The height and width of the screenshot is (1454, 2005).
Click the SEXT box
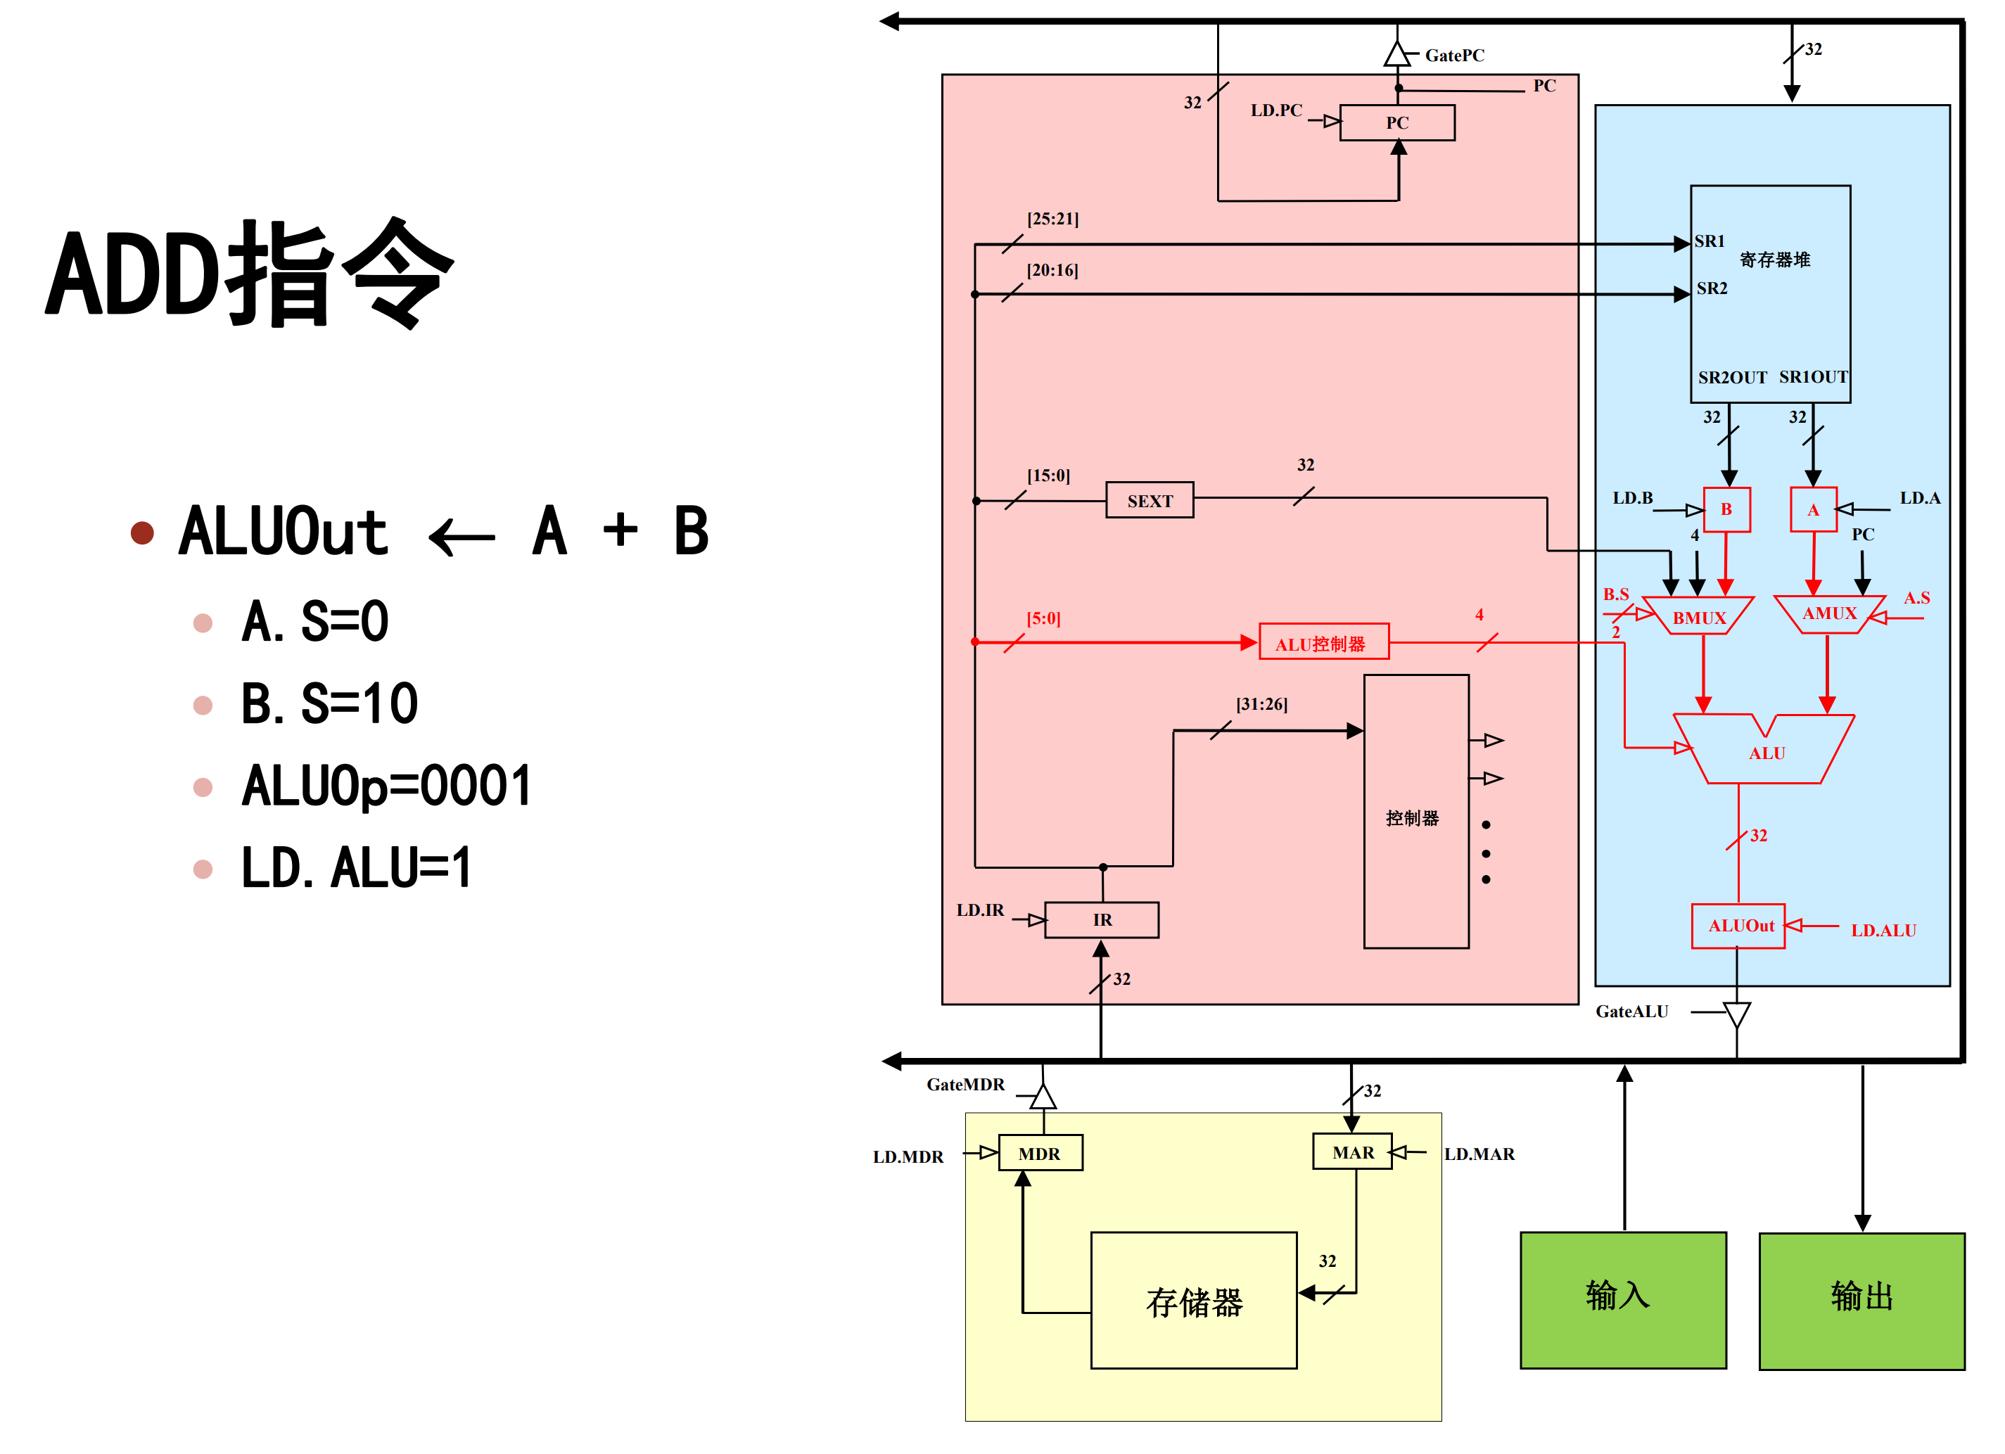pyautogui.click(x=1150, y=500)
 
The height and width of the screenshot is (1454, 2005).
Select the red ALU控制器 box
pyautogui.click(x=1323, y=643)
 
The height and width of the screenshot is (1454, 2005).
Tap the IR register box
pyautogui.click(x=1102, y=919)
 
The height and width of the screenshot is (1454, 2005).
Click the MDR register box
pyautogui.click(x=1040, y=1153)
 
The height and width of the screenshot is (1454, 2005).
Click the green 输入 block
pyautogui.click(x=1622, y=1299)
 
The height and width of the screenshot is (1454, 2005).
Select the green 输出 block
pyautogui.click(x=1861, y=1300)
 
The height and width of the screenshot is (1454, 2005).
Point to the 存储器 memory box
pyautogui.click(x=1193, y=1300)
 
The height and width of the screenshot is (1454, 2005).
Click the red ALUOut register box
pyautogui.click(x=1738, y=926)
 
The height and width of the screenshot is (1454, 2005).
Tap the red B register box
pyautogui.click(x=1726, y=509)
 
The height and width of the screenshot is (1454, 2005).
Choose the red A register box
pyautogui.click(x=1812, y=509)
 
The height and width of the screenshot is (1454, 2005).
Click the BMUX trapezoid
pyautogui.click(x=1698, y=617)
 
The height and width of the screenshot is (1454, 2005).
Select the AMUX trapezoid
pyautogui.click(x=1828, y=613)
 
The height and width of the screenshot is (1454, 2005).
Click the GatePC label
pyautogui.click(x=1454, y=56)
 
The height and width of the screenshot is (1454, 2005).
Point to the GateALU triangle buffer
pyautogui.click(x=1736, y=1014)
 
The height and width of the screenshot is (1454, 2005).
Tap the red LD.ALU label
pyautogui.click(x=1883, y=930)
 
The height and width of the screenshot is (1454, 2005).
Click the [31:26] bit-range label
pyautogui.click(x=1261, y=704)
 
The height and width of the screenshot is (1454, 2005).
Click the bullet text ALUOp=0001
pyautogui.click(x=386, y=786)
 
